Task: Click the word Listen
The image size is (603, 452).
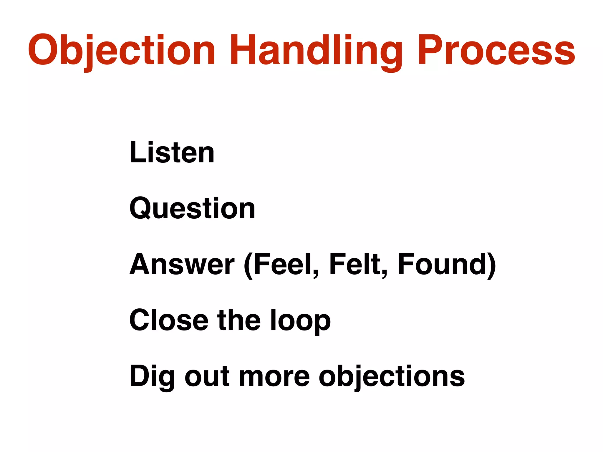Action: pyautogui.click(x=172, y=152)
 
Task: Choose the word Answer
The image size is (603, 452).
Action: pyautogui.click(x=182, y=264)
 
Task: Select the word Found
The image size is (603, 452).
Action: pyautogui.click(x=442, y=264)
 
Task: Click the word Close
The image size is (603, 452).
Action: pyautogui.click(x=169, y=320)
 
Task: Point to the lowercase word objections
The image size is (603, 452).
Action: pyautogui.click(x=392, y=377)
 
